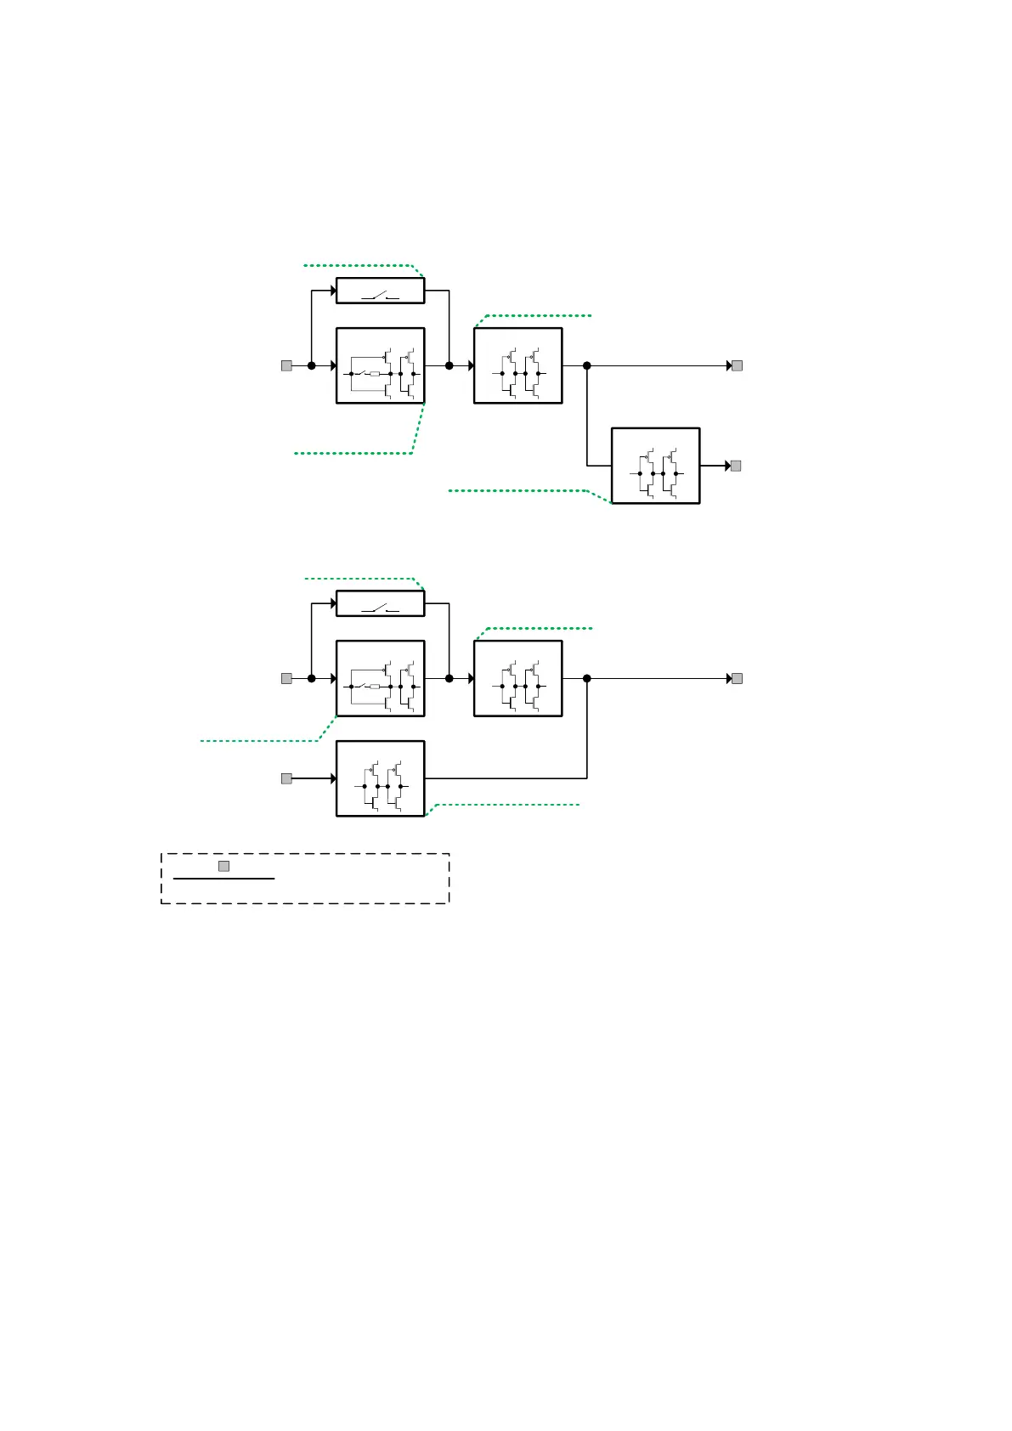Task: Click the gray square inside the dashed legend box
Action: tap(223, 866)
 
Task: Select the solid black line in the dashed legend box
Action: tap(223, 879)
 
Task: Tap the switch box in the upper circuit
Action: tap(380, 291)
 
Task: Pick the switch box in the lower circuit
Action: tap(380, 603)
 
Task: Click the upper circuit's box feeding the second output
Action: tap(655, 466)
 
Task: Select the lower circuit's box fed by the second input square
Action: tap(380, 778)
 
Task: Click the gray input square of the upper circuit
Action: tap(286, 365)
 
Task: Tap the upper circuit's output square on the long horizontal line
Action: tap(738, 365)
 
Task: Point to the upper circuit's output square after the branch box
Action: tap(736, 466)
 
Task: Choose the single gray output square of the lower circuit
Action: tap(738, 678)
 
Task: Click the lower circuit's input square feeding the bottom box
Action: tap(286, 778)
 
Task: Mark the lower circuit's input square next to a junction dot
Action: tap(286, 678)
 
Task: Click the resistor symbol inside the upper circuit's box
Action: tap(375, 374)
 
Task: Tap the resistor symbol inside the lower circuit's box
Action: tap(375, 687)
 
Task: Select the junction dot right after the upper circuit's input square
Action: tap(311, 365)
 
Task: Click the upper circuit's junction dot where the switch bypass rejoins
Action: tap(449, 365)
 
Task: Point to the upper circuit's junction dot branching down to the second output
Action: tap(586, 365)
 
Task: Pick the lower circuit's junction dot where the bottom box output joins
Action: tap(586, 678)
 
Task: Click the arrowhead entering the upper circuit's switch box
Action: tap(333, 291)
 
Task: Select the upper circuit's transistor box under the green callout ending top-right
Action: tap(517, 365)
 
